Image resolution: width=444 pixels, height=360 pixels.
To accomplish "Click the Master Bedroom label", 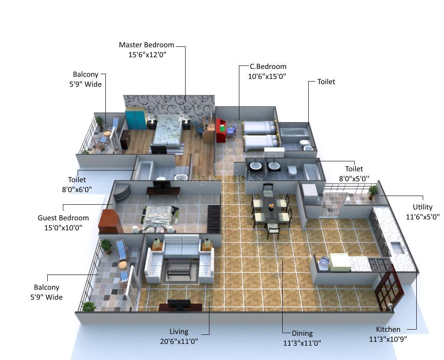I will coord(147,45).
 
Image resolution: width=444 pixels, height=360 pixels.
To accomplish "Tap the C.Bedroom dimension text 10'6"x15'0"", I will coord(267,76).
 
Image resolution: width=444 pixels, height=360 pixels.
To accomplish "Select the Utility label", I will coord(422,207).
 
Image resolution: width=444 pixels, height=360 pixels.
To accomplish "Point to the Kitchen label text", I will coord(388,329).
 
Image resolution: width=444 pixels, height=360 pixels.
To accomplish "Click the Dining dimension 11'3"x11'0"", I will coord(302,343).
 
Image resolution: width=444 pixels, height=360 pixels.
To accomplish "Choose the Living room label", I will coord(179,332).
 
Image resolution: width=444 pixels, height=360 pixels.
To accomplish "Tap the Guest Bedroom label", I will coord(63,218).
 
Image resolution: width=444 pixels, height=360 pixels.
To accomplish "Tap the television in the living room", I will coord(179,305).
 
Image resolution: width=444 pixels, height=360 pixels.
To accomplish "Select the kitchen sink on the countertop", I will coord(397,248).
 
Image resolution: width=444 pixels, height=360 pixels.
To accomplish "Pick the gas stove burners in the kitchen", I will coord(379,264).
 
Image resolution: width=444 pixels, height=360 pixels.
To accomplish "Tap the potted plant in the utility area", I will coord(372,191).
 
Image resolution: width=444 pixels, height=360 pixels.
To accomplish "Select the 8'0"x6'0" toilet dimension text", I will coord(76,189).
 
